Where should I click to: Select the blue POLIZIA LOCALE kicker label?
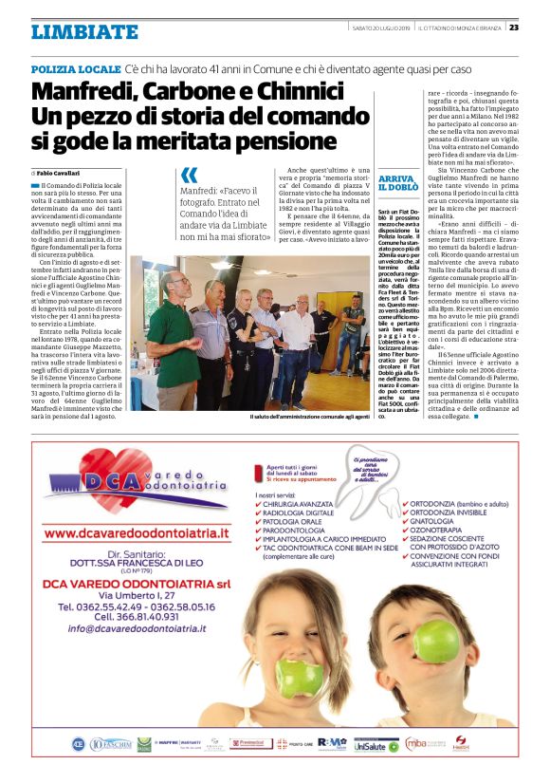[x=75, y=71]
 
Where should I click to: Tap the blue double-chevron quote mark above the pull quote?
[x=189, y=175]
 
